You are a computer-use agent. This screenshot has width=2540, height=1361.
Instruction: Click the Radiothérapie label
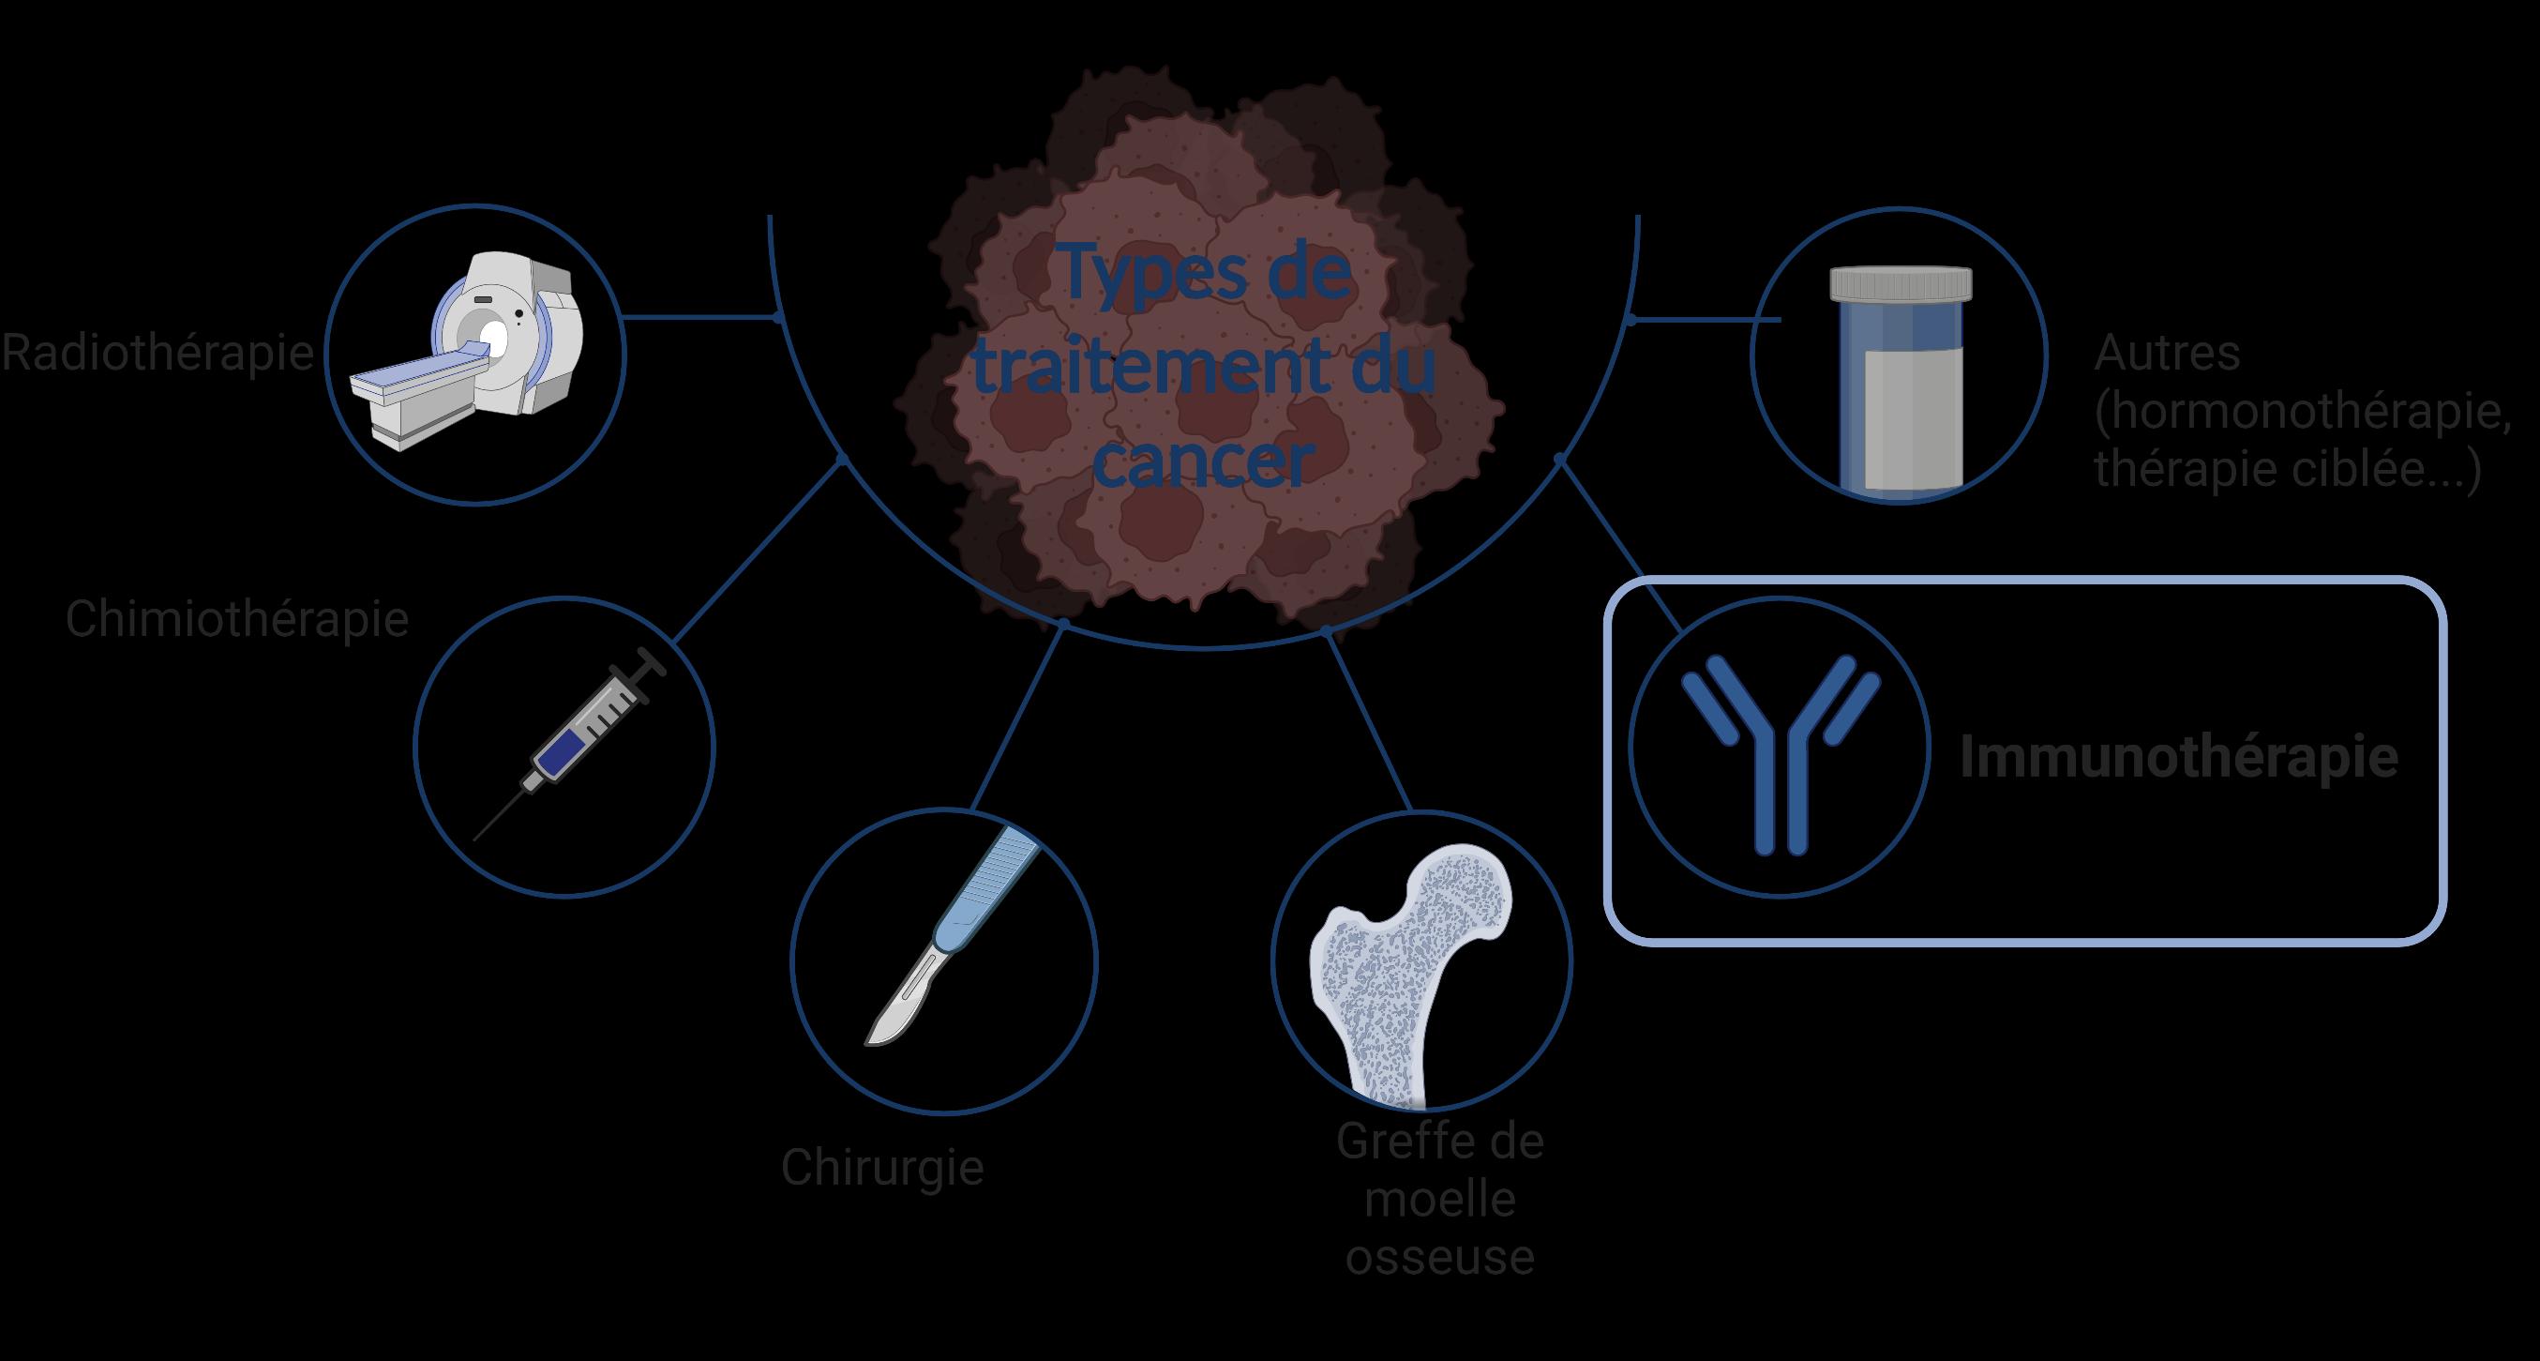pos(158,353)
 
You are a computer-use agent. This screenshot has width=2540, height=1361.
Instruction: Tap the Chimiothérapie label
pos(236,619)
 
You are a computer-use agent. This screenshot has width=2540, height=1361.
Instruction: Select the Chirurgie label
pos(882,1168)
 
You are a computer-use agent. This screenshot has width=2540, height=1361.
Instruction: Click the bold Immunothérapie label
pos(2178,758)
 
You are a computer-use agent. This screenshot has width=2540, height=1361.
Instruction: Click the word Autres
pos(2167,353)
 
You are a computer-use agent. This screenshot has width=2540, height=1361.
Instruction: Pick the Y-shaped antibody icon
pos(1780,749)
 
